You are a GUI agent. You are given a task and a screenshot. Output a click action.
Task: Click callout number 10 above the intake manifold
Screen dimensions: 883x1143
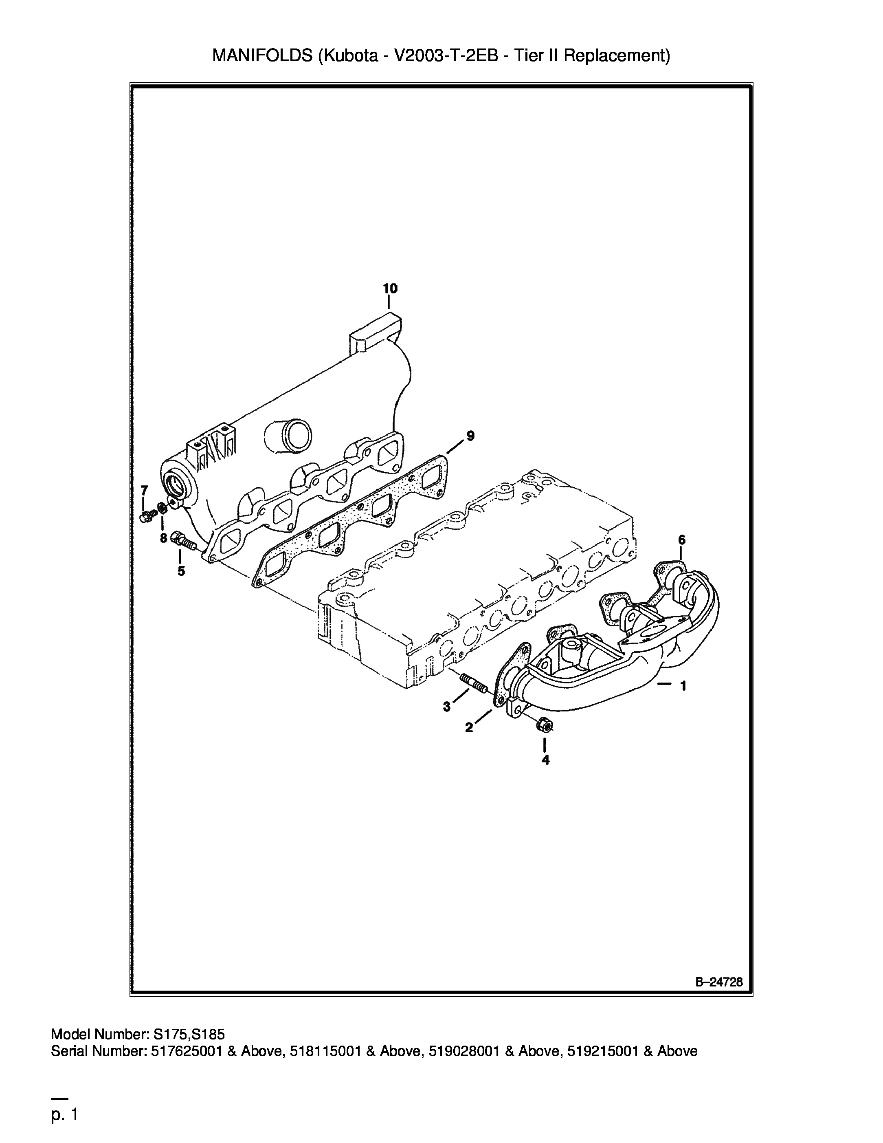coord(390,289)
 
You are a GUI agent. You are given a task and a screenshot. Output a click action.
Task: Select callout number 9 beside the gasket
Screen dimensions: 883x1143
coord(470,436)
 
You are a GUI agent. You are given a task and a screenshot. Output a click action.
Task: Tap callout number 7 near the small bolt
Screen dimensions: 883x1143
coord(144,490)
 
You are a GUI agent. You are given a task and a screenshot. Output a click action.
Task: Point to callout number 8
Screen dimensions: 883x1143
coord(164,538)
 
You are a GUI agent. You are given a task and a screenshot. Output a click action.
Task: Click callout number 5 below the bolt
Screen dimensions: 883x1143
coord(181,571)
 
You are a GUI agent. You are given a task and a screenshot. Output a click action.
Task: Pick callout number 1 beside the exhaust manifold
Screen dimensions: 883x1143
coord(683,686)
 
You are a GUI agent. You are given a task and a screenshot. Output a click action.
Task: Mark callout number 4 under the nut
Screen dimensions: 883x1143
coord(546,760)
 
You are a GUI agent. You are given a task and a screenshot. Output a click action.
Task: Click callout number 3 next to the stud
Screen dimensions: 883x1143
coord(446,707)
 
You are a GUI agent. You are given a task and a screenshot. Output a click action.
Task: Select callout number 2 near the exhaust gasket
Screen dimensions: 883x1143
coord(469,727)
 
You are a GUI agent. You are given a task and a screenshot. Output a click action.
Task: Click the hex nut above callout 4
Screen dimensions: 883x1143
coord(545,725)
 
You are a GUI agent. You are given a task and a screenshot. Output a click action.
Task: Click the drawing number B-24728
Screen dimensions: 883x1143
coord(719,982)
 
